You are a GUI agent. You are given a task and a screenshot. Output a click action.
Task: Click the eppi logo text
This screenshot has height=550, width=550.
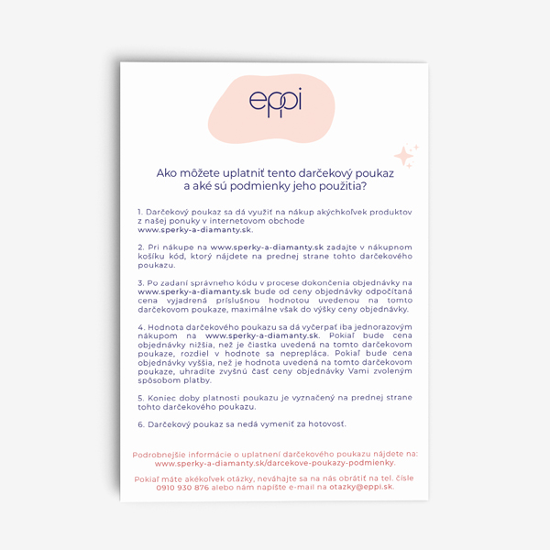tap(275, 104)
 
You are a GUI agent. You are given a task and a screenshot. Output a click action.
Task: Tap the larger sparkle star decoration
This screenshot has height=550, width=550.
tap(403, 157)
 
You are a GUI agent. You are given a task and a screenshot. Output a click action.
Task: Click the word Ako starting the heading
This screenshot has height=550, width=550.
tap(167, 171)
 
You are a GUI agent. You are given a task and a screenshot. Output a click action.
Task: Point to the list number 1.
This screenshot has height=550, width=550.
tap(139, 212)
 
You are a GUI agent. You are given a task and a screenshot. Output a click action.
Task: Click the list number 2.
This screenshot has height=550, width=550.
tap(139, 247)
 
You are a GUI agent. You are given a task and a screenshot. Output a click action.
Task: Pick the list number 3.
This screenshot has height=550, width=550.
tap(139, 283)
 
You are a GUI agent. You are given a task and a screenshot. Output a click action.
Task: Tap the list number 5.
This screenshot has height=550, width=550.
tap(139, 397)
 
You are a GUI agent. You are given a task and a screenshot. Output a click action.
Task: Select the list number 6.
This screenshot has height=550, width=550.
tap(139, 424)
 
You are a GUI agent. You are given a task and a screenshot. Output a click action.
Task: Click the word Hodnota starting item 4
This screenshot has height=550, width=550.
tap(167, 327)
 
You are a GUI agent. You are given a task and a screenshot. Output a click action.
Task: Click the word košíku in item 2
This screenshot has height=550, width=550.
tap(154, 257)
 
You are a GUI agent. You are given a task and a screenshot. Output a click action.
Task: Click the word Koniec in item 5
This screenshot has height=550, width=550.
tap(164, 397)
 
